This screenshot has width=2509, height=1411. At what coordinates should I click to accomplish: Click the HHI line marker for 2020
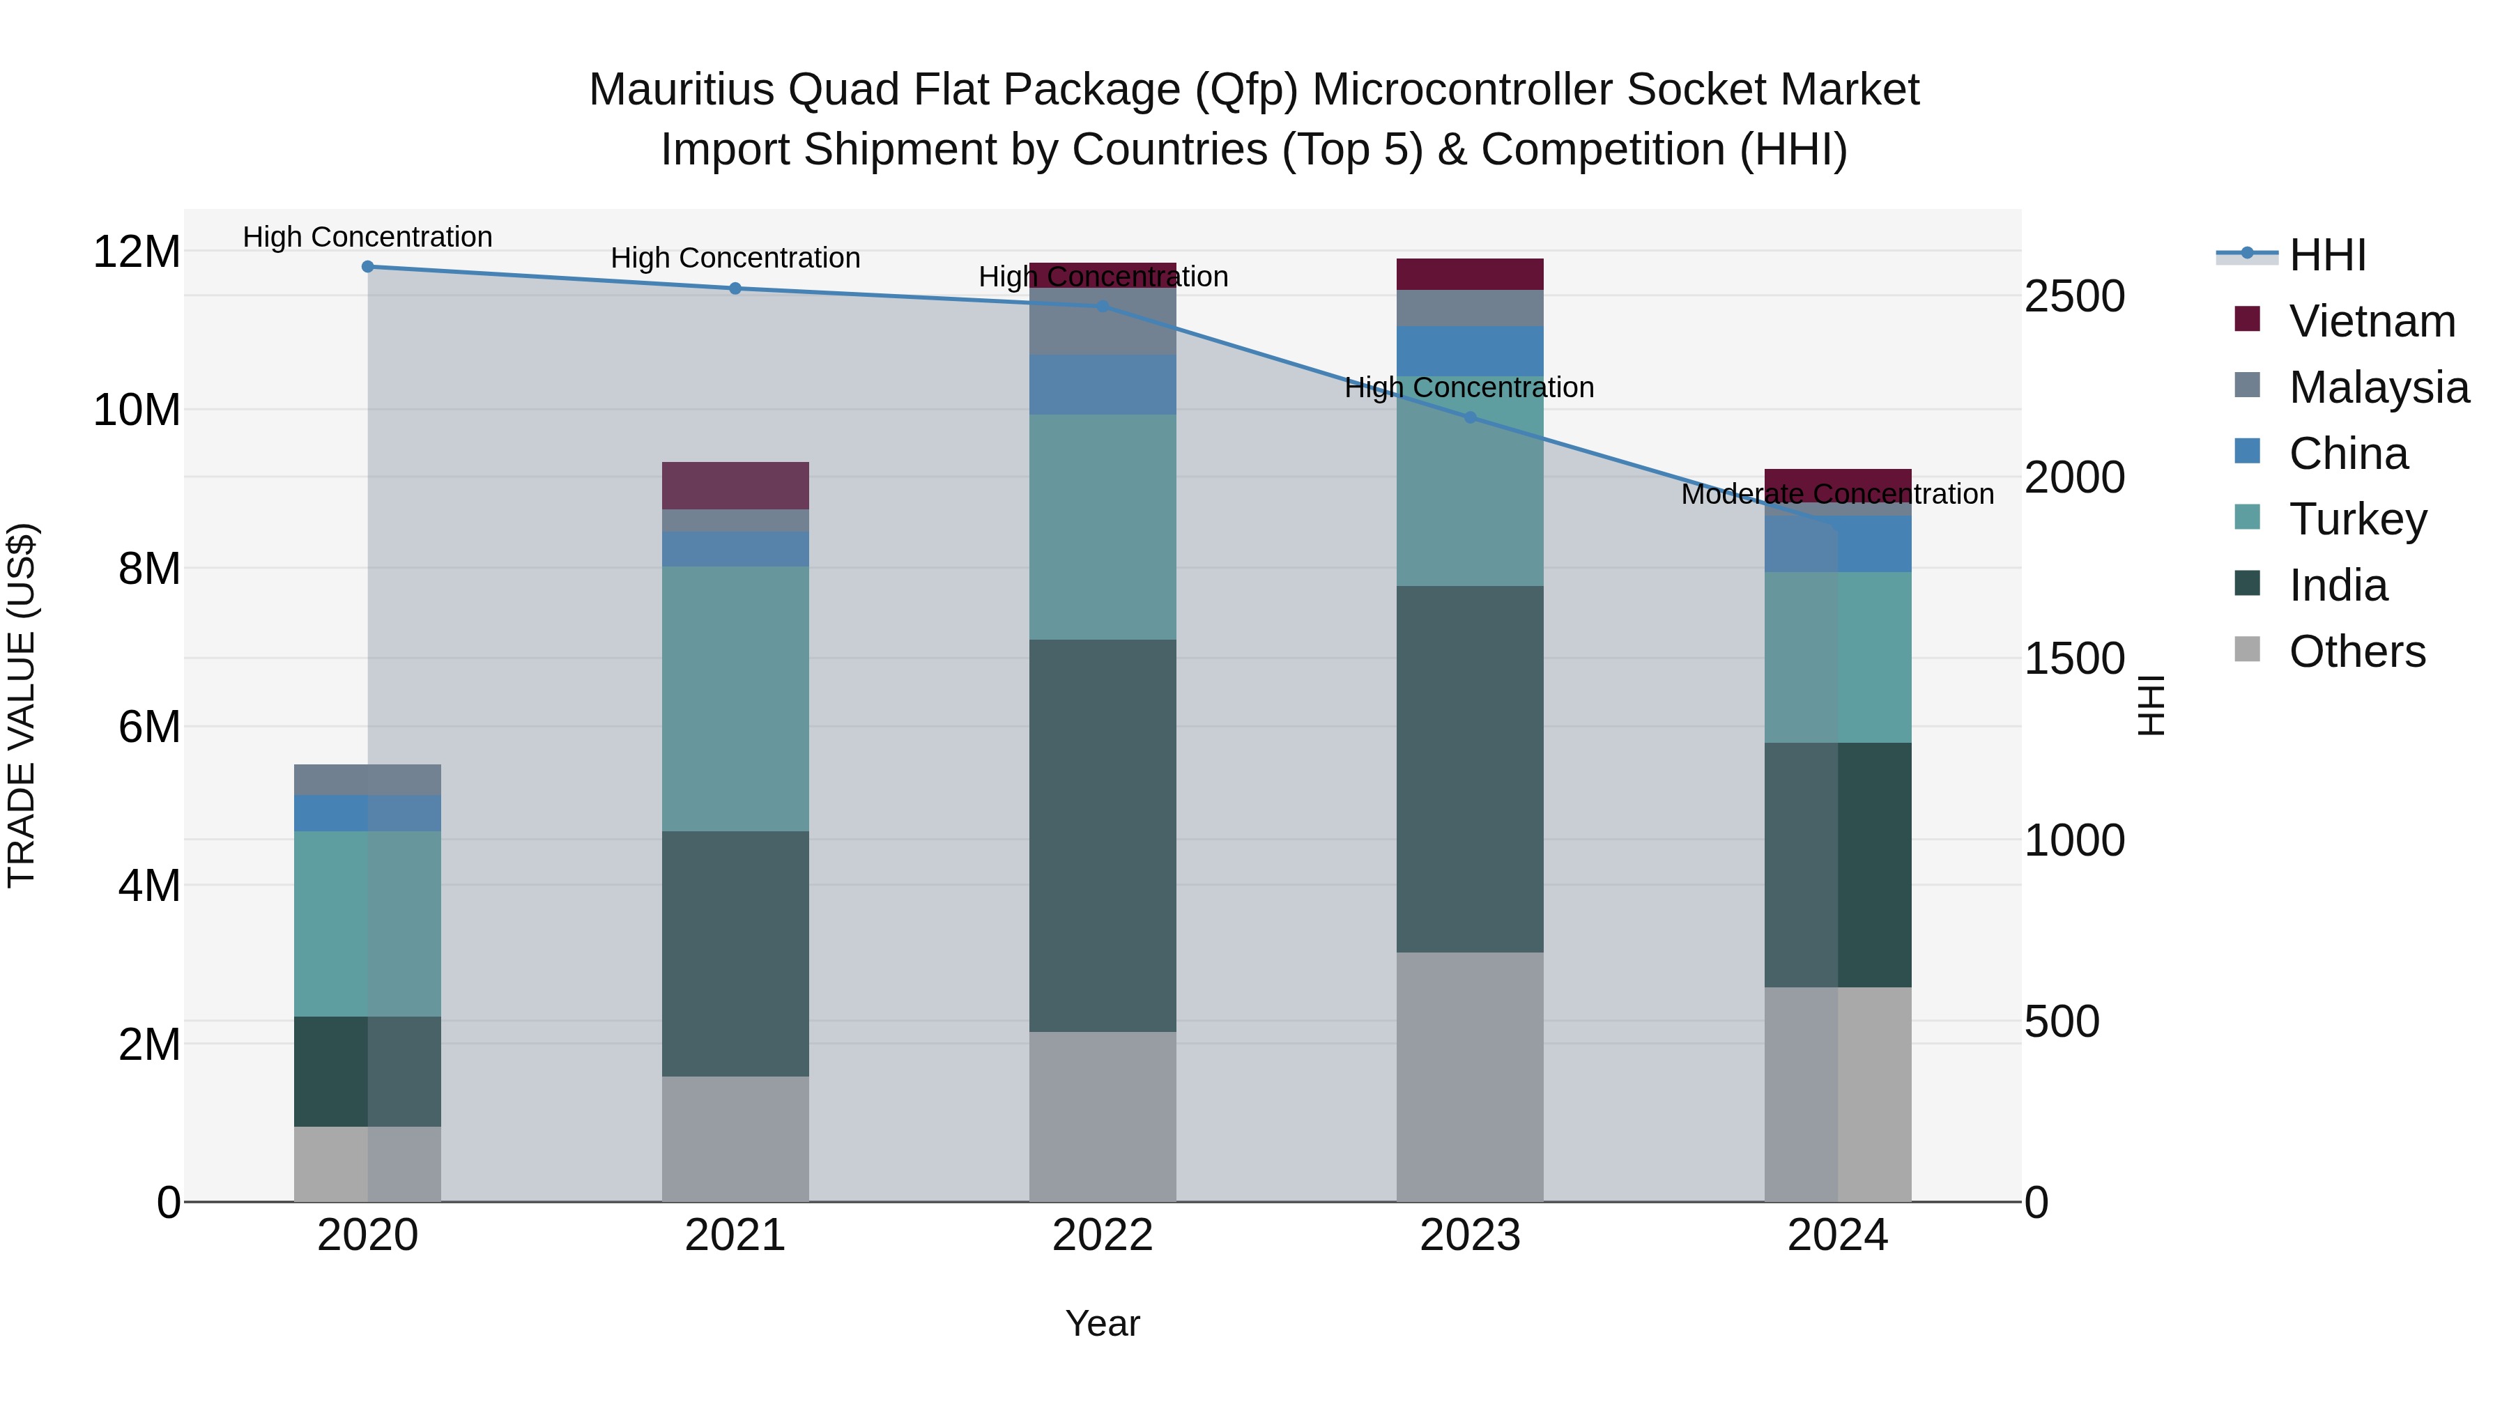pyautogui.click(x=367, y=267)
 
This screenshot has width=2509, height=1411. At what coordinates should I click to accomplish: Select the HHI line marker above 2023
pyautogui.click(x=1470, y=418)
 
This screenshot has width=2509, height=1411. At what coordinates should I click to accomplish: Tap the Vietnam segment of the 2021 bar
pyautogui.click(x=735, y=485)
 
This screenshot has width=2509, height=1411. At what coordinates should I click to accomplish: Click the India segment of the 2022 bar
pyautogui.click(x=1103, y=835)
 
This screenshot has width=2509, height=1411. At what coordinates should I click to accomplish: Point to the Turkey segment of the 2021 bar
pyautogui.click(x=735, y=698)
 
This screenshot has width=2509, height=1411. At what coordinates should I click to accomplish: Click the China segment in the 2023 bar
pyautogui.click(x=1470, y=350)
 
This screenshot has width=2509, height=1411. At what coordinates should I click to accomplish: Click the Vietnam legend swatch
pyautogui.click(x=2247, y=319)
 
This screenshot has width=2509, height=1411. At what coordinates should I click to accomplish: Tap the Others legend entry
pyautogui.click(x=2356, y=651)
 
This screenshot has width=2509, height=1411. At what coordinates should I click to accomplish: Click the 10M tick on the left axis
pyautogui.click(x=137, y=410)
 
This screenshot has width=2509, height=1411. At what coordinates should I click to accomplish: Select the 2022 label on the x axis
pyautogui.click(x=1103, y=1235)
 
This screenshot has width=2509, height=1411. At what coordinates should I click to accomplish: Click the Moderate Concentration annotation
pyautogui.click(x=1837, y=495)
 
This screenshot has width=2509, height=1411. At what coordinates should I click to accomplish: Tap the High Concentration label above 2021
pyautogui.click(x=735, y=258)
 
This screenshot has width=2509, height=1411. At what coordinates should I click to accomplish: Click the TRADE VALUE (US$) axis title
pyautogui.click(x=22, y=705)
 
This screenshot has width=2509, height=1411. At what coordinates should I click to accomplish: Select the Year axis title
pyautogui.click(x=1103, y=1323)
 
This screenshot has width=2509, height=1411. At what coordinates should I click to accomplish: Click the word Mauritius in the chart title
pyautogui.click(x=681, y=90)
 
